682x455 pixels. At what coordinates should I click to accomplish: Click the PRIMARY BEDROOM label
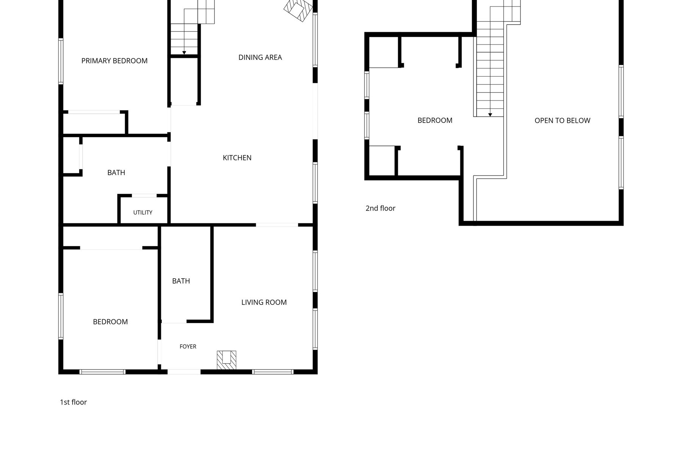114,61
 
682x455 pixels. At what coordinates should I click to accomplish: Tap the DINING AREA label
260,57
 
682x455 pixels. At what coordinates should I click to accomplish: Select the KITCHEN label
237,158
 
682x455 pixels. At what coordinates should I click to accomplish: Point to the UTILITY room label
143,212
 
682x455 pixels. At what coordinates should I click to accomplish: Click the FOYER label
188,347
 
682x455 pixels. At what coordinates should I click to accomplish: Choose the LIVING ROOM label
264,302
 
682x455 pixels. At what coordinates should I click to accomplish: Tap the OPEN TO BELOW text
562,121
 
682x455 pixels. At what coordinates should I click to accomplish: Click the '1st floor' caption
74,402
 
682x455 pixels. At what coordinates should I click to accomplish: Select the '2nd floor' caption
380,208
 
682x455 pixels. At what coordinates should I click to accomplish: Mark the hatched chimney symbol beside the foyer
227,360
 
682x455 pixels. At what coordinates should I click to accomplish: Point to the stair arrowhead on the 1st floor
184,53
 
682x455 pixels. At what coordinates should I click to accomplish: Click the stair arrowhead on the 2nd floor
490,115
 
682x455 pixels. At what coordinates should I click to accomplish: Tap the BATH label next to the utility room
116,173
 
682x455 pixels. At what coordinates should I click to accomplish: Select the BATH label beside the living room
181,281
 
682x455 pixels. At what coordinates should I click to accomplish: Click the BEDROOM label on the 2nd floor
435,121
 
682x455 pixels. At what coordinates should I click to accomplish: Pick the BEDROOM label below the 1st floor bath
110,322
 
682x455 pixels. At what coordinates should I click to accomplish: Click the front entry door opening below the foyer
184,372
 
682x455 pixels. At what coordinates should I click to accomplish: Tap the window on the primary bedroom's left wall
61,61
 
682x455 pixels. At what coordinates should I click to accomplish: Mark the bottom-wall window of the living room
273,372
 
